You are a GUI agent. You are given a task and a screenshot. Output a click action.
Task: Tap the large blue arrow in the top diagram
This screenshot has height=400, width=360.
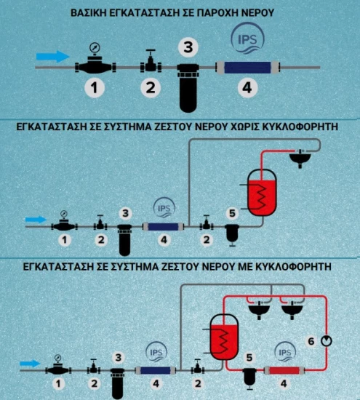pyautogui.click(x=52, y=57)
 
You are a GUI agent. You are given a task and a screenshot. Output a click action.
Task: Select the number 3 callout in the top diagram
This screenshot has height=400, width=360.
pyautogui.click(x=188, y=47)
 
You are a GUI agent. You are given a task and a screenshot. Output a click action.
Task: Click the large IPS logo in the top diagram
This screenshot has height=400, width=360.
pyautogui.click(x=247, y=39)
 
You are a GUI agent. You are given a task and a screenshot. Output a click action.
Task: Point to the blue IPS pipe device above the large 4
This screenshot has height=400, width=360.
pyautogui.click(x=247, y=68)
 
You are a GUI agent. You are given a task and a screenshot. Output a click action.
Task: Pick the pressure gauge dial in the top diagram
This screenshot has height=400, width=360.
pyautogui.click(x=95, y=48)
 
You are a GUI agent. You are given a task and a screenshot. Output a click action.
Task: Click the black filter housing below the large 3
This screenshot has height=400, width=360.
pyautogui.click(x=188, y=88)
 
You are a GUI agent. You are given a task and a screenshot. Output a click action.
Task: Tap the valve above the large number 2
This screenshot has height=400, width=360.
pyautogui.click(x=151, y=63)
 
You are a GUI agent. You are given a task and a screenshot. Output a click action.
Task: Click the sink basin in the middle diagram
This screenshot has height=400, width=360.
pyautogui.click(x=300, y=158)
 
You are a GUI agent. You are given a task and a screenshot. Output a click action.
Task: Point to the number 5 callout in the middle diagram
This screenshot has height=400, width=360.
pyautogui.click(x=232, y=213)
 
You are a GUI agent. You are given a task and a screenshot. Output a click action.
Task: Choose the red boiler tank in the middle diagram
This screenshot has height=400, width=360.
pyautogui.click(x=263, y=193)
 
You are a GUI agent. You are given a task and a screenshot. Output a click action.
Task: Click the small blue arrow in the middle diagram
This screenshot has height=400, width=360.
pyautogui.click(x=36, y=220)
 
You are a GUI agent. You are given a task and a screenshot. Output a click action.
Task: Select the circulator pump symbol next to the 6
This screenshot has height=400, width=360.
pyautogui.click(x=327, y=341)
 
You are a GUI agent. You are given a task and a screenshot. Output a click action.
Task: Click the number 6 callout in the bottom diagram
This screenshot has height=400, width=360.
pyautogui.click(x=311, y=341)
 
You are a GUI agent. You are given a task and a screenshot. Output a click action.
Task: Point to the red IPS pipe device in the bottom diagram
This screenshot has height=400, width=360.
pyautogui.click(x=284, y=370)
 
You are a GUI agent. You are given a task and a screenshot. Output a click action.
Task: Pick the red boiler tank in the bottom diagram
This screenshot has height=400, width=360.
pyautogui.click(x=224, y=337)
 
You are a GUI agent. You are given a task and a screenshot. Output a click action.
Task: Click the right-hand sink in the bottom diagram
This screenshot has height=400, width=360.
pyautogui.click(x=292, y=309)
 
